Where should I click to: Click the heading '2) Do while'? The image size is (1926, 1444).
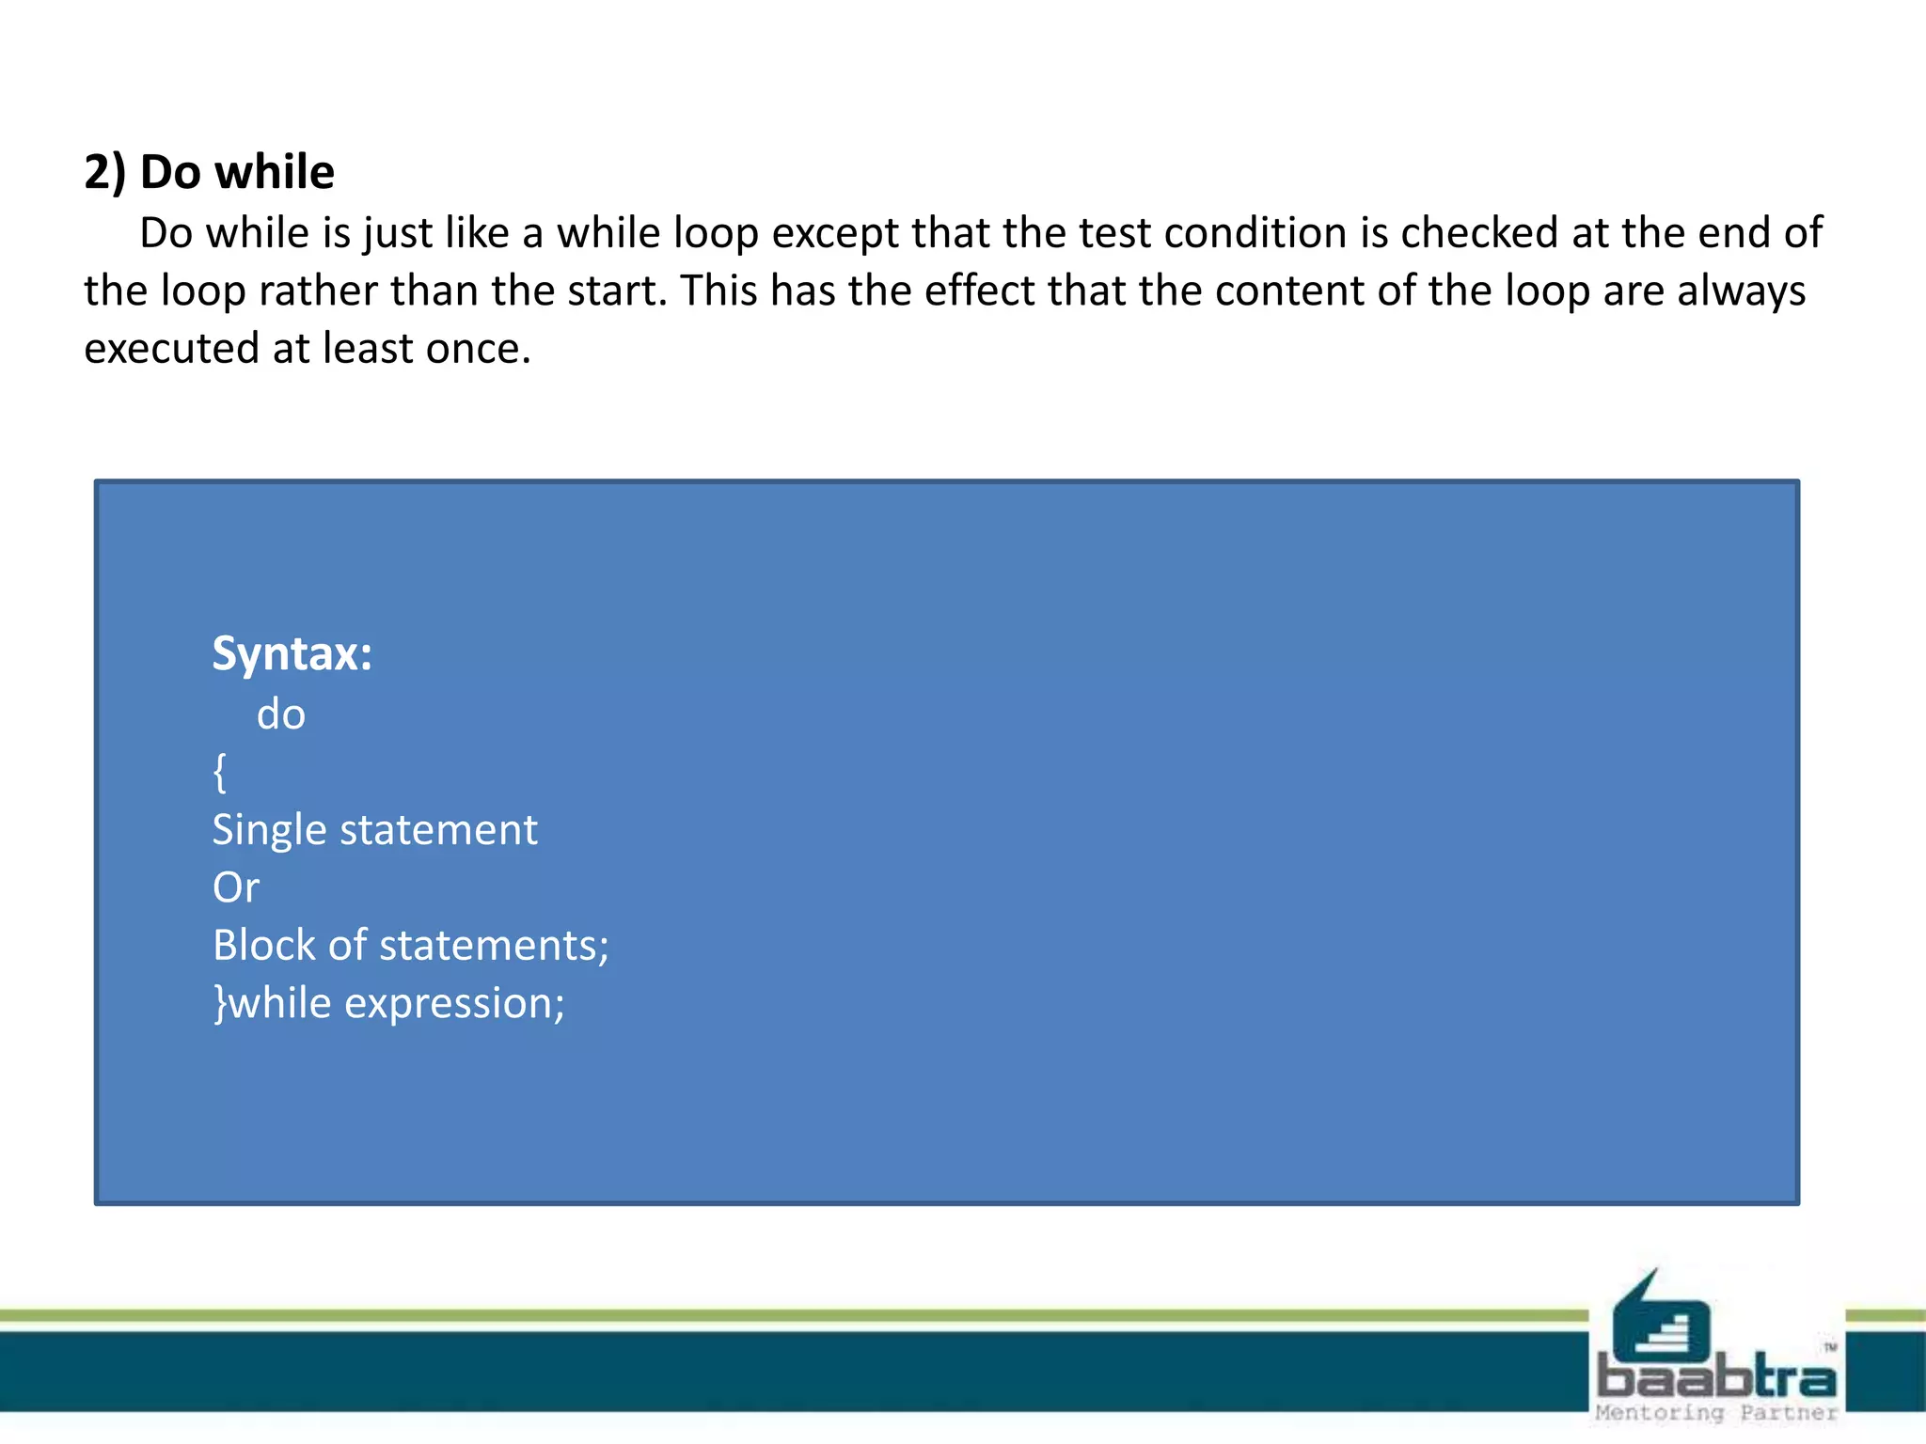click(x=209, y=172)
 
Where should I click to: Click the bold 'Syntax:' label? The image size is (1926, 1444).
click(x=292, y=653)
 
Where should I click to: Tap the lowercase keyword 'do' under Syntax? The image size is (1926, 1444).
click(x=281, y=714)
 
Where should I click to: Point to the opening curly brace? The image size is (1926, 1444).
click(x=220, y=773)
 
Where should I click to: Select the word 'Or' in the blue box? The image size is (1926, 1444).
click(x=236, y=887)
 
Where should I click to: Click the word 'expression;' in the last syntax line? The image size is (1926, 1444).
click(x=454, y=1003)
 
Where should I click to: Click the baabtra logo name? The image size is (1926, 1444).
click(x=1716, y=1378)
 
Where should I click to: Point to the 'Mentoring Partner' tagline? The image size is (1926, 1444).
click(x=1716, y=1413)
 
